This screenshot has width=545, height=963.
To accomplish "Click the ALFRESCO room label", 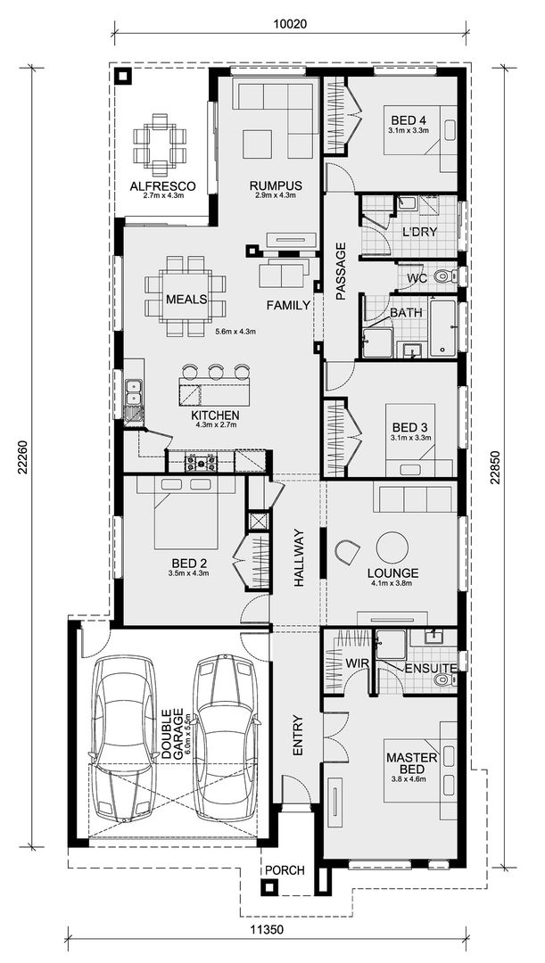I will (162, 186).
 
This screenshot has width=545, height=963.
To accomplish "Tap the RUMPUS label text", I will (277, 185).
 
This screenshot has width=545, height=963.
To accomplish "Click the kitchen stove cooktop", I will (200, 461).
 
